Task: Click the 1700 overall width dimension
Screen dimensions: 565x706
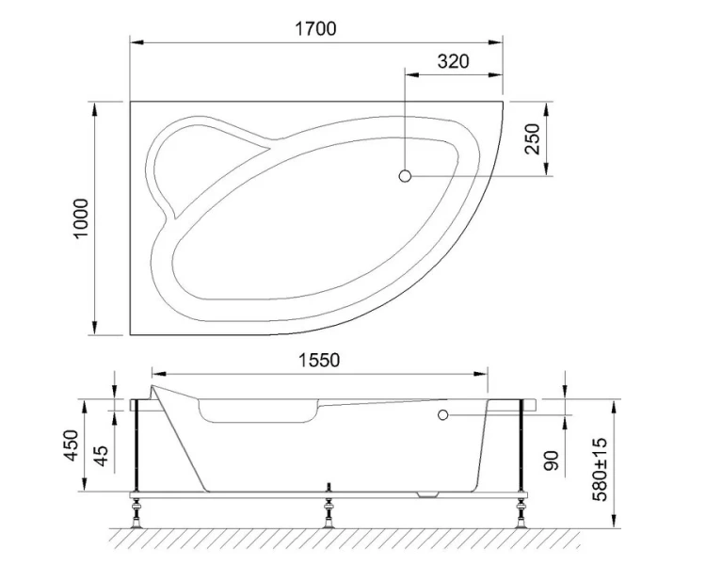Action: coord(316,28)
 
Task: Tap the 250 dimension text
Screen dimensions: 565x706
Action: coord(533,139)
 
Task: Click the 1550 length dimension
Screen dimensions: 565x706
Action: coord(319,360)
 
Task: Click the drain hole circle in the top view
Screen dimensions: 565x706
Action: coord(406,176)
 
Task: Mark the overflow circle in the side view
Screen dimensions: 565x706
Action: coord(441,413)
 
